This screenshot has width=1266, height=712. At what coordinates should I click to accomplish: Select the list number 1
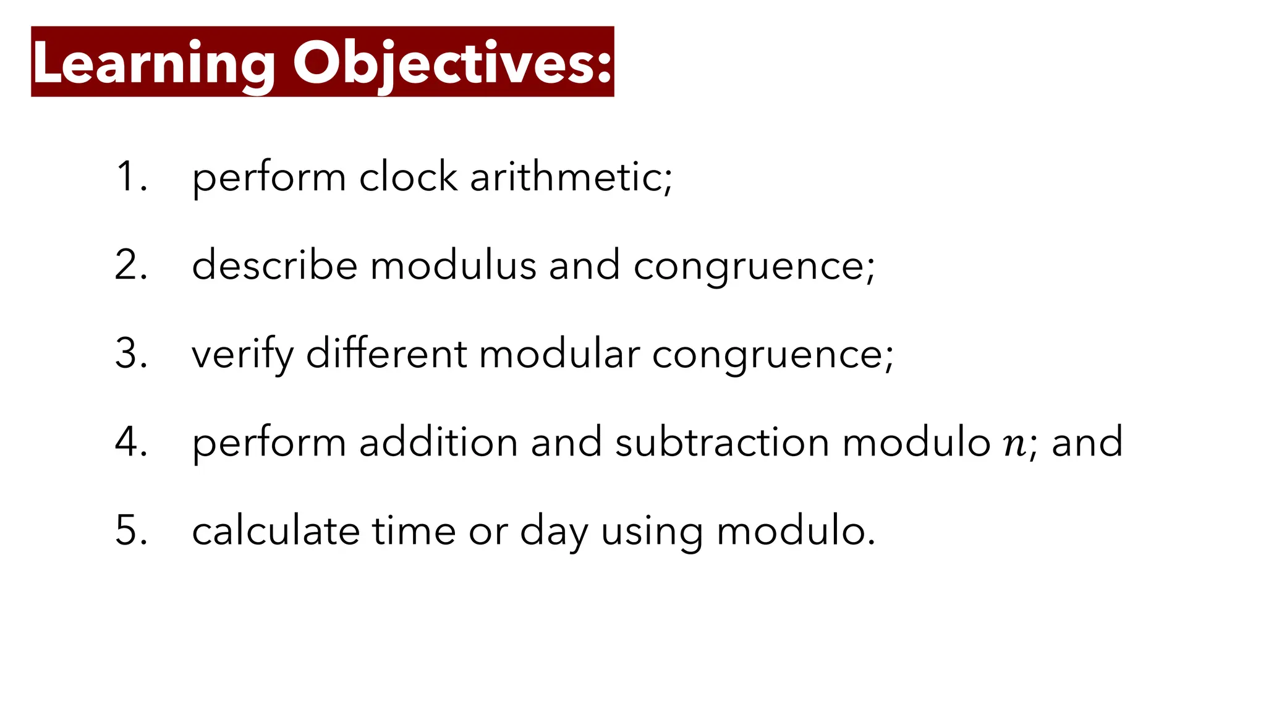[130, 177]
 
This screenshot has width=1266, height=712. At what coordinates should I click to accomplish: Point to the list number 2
[130, 265]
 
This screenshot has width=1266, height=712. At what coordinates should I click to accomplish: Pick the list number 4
[130, 442]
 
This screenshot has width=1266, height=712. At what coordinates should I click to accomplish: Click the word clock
[408, 177]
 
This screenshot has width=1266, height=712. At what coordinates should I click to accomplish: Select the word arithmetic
[570, 177]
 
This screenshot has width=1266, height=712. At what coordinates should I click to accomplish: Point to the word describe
[274, 265]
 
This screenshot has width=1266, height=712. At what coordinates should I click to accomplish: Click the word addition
[438, 442]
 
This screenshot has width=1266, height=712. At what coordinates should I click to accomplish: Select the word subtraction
[722, 442]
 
